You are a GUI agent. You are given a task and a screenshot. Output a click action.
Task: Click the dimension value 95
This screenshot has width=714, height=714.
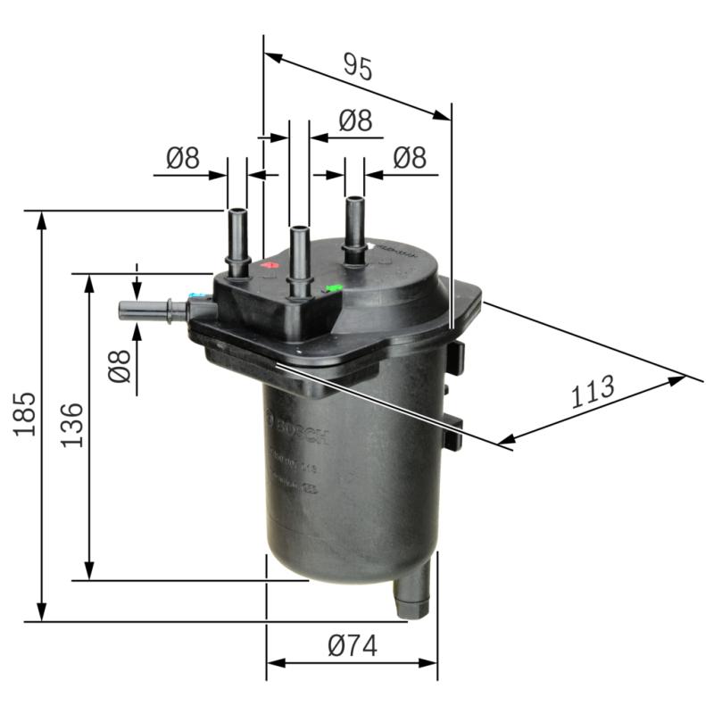point(357,66)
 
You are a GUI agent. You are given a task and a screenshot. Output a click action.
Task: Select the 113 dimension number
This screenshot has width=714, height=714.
point(593,391)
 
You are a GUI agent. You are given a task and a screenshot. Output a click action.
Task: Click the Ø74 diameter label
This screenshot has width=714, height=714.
point(352,646)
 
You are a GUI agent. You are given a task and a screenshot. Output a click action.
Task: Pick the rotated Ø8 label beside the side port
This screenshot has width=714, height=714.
point(119,367)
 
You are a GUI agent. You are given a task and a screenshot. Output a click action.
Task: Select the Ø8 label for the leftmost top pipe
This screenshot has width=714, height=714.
point(182,159)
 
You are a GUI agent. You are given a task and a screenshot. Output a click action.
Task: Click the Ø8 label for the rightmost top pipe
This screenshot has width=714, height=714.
point(410,158)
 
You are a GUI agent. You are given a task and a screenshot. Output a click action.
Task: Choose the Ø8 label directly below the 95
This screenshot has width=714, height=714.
point(355,121)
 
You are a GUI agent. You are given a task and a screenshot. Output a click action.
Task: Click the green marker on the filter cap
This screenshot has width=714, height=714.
point(333,288)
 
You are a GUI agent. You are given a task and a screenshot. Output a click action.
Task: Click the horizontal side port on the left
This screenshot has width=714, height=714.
point(152,311)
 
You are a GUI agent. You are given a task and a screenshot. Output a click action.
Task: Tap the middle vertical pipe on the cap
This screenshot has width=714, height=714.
point(299,259)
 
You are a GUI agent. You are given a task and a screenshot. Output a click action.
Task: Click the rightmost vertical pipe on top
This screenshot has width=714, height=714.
point(355,228)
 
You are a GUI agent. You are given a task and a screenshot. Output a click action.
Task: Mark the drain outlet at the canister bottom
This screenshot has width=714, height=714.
point(414,595)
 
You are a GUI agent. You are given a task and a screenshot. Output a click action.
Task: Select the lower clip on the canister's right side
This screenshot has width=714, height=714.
point(454,432)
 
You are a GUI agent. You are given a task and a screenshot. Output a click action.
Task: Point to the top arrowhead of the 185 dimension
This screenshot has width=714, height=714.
point(41,220)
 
